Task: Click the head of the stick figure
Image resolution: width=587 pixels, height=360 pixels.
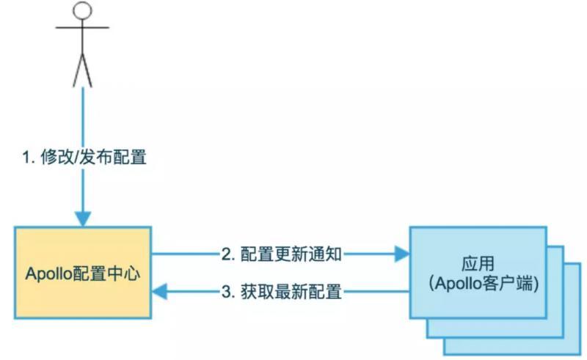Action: click(83, 11)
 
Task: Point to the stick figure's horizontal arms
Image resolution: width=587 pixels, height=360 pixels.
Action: click(83, 28)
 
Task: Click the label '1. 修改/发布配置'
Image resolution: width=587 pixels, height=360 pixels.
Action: click(84, 157)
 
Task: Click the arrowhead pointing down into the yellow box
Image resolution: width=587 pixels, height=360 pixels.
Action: click(83, 218)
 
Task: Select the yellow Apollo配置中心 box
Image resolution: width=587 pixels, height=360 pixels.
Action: click(83, 273)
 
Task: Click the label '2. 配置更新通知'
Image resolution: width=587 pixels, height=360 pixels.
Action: click(281, 254)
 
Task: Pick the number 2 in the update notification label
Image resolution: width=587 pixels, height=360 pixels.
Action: click(226, 254)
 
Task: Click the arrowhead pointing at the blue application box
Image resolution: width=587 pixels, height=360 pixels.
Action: click(401, 254)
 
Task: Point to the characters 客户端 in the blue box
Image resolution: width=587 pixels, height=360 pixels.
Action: click(511, 282)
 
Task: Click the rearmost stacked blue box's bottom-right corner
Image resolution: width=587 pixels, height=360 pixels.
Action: click(576, 353)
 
